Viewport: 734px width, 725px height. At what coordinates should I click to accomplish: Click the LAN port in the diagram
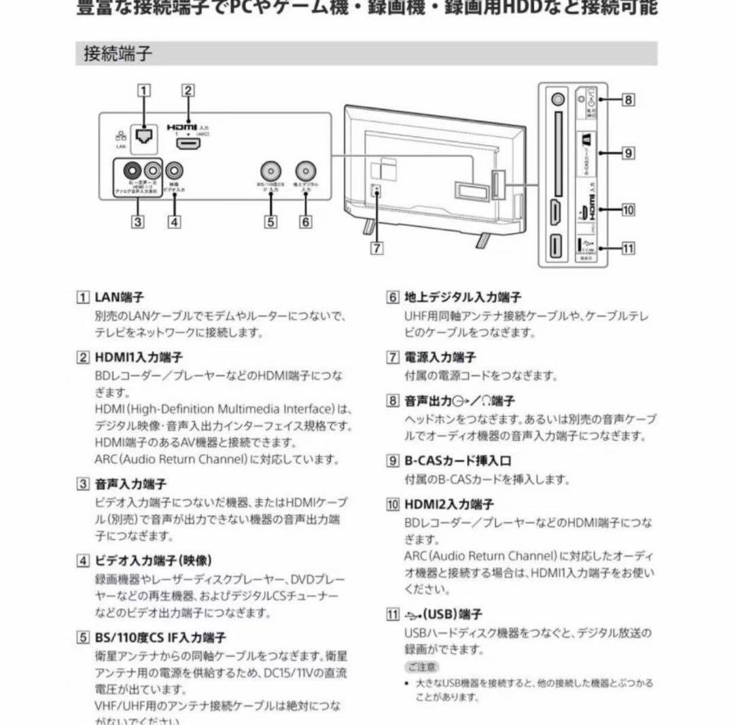[144, 136]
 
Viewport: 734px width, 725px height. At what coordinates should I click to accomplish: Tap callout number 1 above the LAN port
[143, 90]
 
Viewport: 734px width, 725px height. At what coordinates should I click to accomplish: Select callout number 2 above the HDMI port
[188, 90]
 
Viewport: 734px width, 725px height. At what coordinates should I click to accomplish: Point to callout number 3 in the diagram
[138, 221]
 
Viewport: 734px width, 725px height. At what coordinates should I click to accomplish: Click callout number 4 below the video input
[175, 221]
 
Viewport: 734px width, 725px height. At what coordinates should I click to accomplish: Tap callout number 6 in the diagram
[306, 221]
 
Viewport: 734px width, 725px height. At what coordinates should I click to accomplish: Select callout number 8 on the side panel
[629, 100]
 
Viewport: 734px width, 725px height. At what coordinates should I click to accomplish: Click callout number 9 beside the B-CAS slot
[629, 153]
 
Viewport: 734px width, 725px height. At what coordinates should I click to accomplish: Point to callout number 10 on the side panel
[629, 210]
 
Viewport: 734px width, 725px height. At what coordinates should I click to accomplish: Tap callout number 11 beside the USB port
[629, 248]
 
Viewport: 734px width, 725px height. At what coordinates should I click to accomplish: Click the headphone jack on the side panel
[557, 99]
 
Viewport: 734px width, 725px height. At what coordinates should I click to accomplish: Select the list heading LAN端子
[120, 298]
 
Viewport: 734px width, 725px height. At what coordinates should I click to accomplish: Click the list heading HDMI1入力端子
[139, 357]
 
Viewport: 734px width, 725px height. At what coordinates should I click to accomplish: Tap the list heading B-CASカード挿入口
[457, 461]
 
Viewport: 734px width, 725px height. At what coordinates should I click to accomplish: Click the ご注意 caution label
[422, 667]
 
